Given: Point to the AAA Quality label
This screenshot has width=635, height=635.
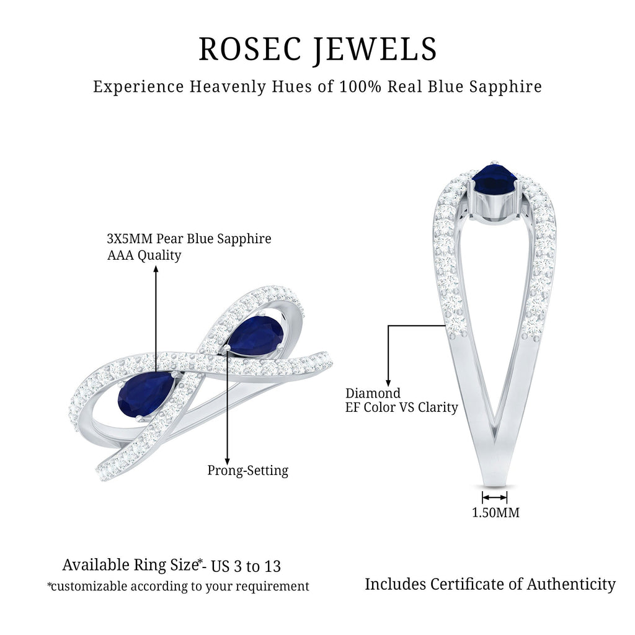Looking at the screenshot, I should (144, 255).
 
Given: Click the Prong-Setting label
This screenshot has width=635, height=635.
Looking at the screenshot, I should (247, 470).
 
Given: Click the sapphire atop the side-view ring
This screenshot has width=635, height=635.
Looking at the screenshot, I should (494, 180).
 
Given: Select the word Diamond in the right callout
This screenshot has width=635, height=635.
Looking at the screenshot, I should (373, 393).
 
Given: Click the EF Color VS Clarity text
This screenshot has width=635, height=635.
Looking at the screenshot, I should (401, 407).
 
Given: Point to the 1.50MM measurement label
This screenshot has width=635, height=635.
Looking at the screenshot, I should (495, 513).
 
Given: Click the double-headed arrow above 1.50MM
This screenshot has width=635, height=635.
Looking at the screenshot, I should (494, 497).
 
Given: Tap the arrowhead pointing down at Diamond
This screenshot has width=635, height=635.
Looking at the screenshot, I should (388, 382).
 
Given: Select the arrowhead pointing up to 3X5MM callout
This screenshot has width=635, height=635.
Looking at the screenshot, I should (156, 268).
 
